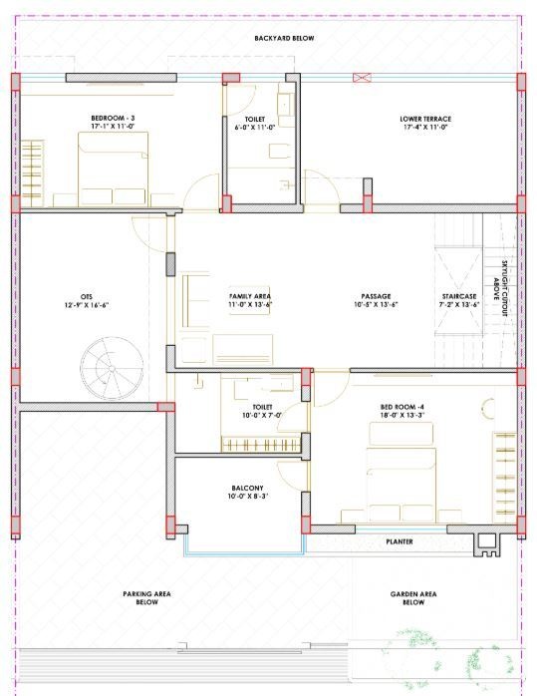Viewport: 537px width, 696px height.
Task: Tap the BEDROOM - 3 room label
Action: tap(112, 118)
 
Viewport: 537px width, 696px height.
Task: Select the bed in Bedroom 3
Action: tap(113, 170)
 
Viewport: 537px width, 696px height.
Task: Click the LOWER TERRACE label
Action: tap(425, 118)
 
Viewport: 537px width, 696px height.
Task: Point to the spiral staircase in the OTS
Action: tap(113, 369)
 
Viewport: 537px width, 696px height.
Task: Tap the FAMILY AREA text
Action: tap(250, 297)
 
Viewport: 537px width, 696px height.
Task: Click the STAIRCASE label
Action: tap(459, 297)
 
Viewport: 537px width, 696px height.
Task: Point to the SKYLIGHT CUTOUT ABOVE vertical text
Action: tap(504, 289)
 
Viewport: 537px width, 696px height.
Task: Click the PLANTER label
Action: tap(400, 541)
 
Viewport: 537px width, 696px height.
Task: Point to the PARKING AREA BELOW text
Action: tap(147, 597)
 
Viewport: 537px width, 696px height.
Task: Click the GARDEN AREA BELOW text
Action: tap(413, 597)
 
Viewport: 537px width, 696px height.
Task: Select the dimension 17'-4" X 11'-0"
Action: tap(425, 128)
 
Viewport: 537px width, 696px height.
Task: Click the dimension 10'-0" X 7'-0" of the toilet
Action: tap(262, 416)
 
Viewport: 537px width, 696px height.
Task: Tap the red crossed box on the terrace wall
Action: tap(362, 77)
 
